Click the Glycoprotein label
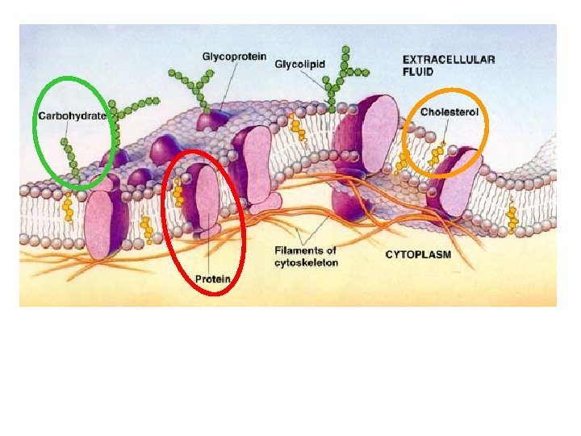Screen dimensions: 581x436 tap(233, 57)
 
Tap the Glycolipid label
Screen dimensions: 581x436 tap(299, 63)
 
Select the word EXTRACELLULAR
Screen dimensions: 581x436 tap(449, 59)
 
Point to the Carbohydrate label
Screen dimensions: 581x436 tap(72, 116)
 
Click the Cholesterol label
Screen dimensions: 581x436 tap(449, 111)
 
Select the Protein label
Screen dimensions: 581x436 tap(212, 279)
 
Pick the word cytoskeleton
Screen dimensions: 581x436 tap(307, 262)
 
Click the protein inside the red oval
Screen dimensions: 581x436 tap(202, 198)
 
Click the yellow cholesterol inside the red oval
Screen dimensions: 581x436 tap(178, 195)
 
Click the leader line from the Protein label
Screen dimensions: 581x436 tap(210, 254)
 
